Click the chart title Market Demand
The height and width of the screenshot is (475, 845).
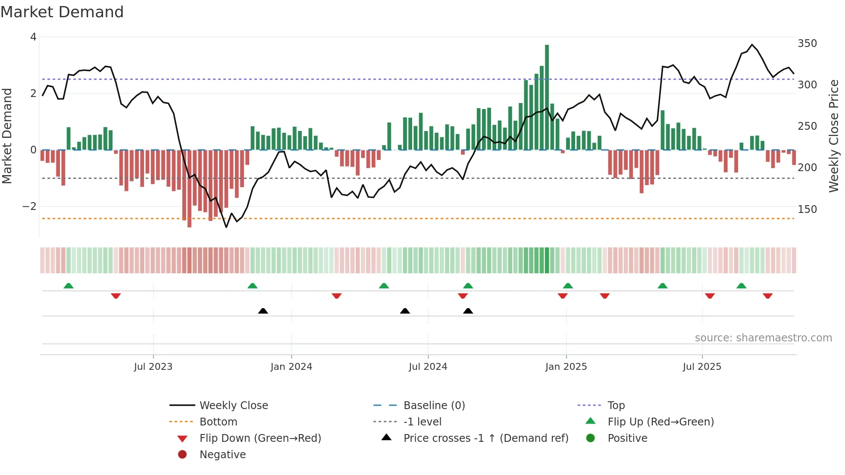(x=62, y=12)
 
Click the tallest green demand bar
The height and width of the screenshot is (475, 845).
(x=547, y=97)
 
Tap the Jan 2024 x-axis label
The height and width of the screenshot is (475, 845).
(x=291, y=366)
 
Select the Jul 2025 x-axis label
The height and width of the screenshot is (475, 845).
(x=702, y=366)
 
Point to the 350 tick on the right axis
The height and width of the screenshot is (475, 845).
(x=807, y=44)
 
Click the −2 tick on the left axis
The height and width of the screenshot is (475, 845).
(x=29, y=206)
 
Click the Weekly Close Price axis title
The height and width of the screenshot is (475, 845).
(x=834, y=136)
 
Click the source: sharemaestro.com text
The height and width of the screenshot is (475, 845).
(x=763, y=337)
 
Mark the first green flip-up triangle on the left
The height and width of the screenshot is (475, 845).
(x=69, y=286)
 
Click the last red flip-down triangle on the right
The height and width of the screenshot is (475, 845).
(x=767, y=296)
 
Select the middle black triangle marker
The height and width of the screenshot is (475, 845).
(x=405, y=311)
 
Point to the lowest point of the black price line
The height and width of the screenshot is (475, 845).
(x=226, y=227)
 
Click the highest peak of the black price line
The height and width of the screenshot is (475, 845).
(x=752, y=45)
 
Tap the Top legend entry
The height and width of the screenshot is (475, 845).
(x=616, y=405)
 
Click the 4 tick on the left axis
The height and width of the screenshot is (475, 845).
(x=33, y=37)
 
